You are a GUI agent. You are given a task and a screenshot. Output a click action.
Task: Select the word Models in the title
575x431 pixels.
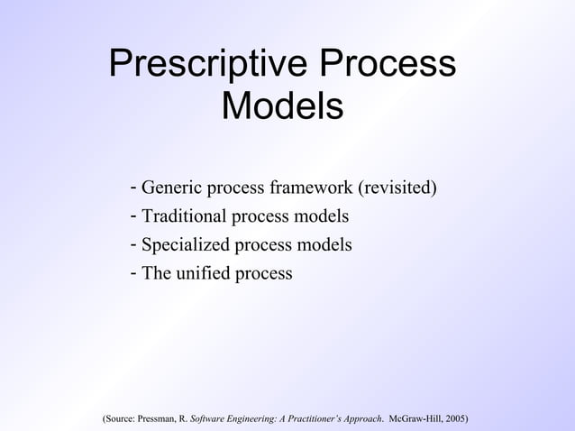pyautogui.click(x=282, y=106)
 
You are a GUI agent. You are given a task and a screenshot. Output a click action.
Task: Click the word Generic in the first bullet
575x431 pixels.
pyautogui.click(x=172, y=188)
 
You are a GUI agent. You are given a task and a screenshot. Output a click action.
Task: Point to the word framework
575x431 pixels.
pyautogui.click(x=311, y=188)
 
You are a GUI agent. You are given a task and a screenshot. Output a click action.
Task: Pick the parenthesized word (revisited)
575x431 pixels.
pyautogui.click(x=397, y=188)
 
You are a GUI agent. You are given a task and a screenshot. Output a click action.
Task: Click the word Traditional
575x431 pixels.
pyautogui.click(x=185, y=216)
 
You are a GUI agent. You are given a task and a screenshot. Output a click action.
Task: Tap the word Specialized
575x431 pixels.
pyautogui.click(x=186, y=244)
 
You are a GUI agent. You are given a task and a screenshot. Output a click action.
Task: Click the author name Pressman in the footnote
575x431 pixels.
pyautogui.click(x=158, y=419)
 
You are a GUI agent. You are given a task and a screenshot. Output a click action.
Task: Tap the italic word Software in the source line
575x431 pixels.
pyautogui.click(x=210, y=419)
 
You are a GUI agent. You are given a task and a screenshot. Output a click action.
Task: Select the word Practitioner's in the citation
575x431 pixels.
pyautogui.click(x=315, y=419)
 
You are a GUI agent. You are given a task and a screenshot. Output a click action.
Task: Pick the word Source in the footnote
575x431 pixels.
pyautogui.click(x=120, y=419)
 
